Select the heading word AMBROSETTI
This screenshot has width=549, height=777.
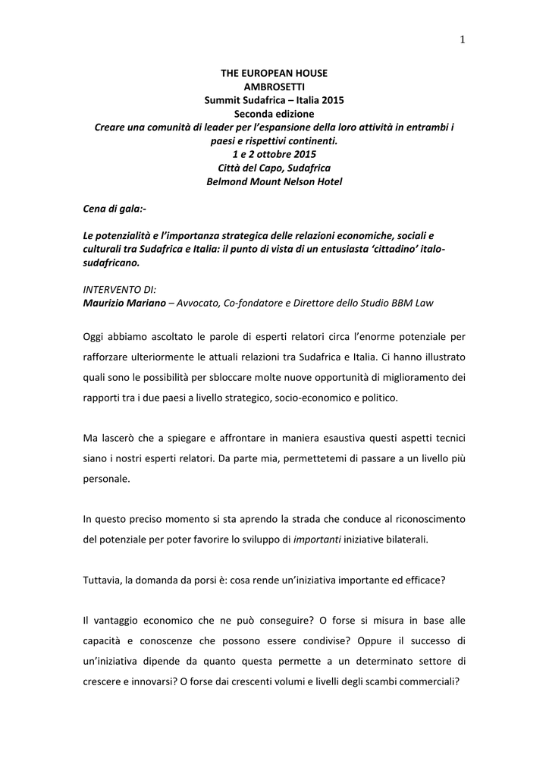(274, 87)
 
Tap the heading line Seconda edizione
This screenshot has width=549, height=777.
(274, 114)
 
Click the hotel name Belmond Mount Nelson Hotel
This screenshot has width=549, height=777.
(274, 181)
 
